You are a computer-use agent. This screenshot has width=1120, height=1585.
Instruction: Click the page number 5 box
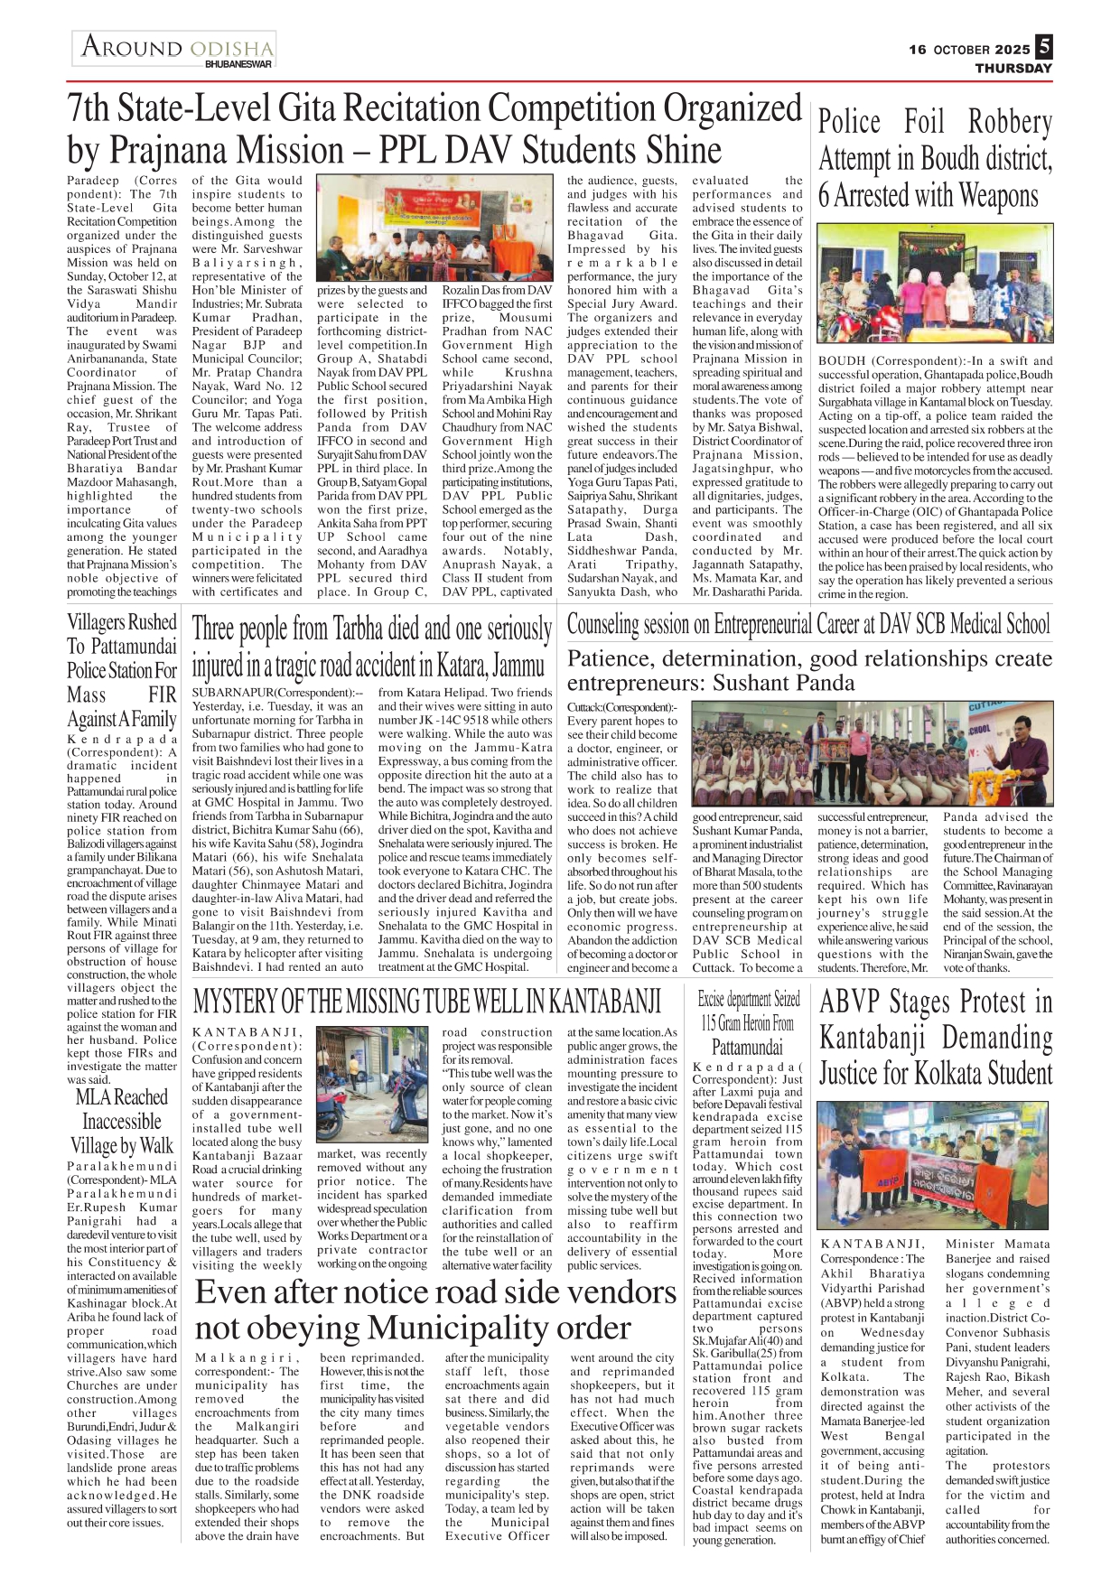point(1044,46)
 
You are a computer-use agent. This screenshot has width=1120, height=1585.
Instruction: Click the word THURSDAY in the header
point(1013,68)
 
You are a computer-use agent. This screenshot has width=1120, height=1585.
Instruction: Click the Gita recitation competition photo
point(434,228)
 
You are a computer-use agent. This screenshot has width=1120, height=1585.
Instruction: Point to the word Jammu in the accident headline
point(518,667)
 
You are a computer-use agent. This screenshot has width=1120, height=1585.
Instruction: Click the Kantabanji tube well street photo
point(372,1084)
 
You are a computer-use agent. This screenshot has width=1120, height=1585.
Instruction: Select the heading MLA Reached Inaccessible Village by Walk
point(122,1122)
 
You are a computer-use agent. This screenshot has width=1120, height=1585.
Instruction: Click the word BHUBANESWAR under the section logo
point(238,65)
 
